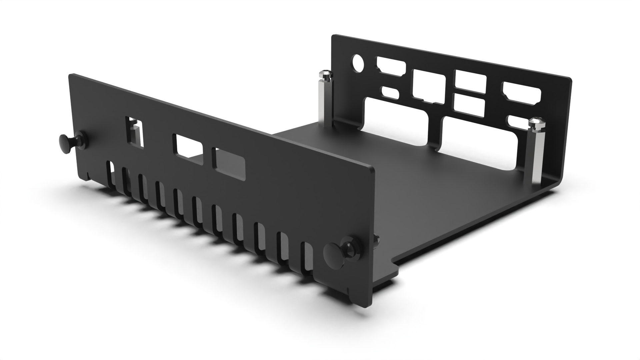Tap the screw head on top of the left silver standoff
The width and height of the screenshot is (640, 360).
point(325,74)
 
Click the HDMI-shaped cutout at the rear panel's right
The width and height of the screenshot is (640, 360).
point(521,92)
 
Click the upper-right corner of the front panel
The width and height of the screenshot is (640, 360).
point(372,168)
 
